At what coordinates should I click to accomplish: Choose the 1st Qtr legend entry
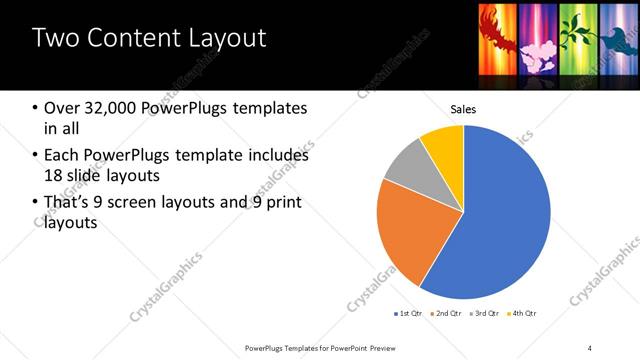click(408, 314)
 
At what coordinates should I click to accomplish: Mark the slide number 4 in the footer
click(590, 347)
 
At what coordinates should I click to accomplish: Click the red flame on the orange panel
click(495, 30)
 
